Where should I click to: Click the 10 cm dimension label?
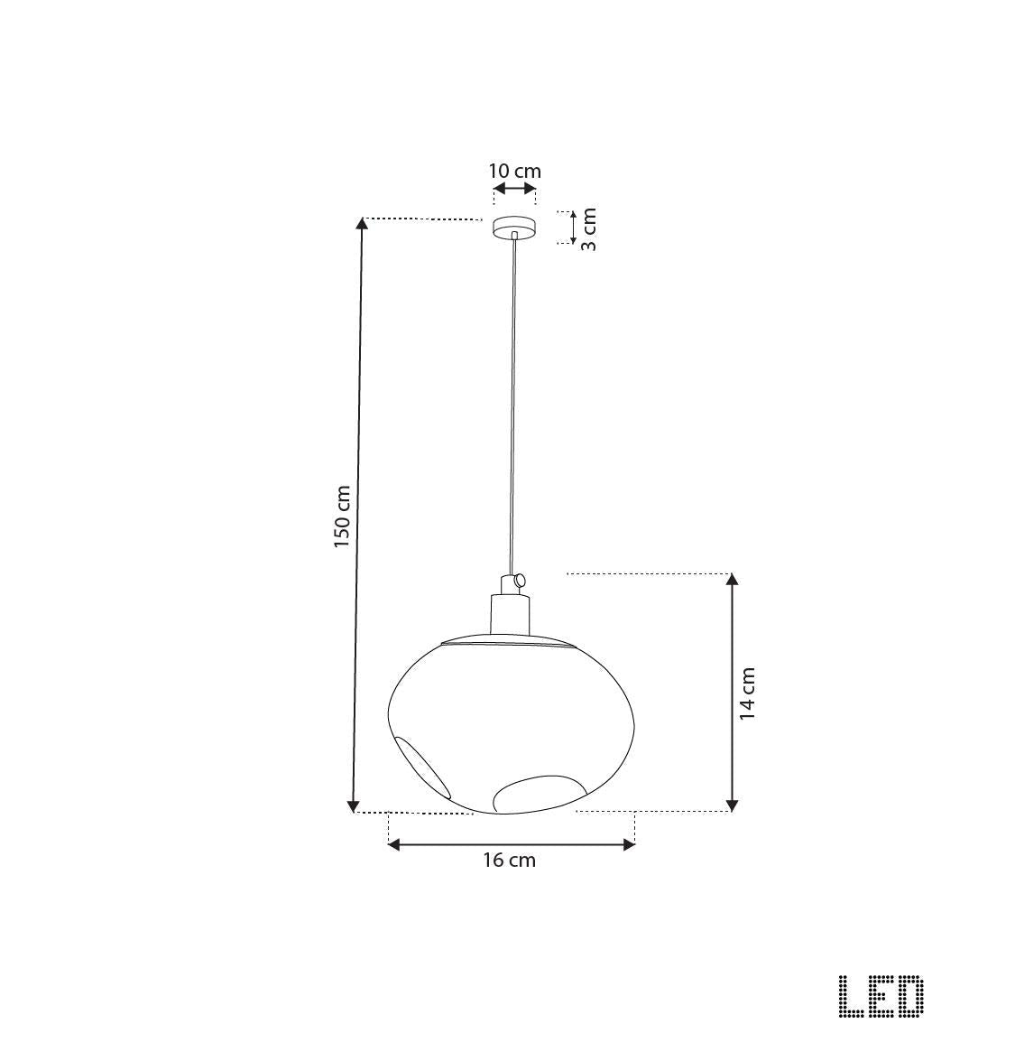pyautogui.click(x=514, y=171)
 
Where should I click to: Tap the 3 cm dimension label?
pyautogui.click(x=588, y=229)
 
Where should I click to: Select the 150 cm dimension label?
pyautogui.click(x=342, y=517)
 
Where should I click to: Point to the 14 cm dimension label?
pyautogui.click(x=747, y=693)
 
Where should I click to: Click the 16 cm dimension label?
pyautogui.click(x=509, y=861)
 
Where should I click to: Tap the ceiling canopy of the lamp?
pyautogui.click(x=513, y=227)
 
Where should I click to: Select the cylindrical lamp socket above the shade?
pyautogui.click(x=509, y=613)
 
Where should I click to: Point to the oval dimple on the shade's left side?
pyautogui.click(x=422, y=766)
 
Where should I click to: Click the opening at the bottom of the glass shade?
pyautogui.click(x=539, y=792)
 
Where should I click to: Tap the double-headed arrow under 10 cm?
pyautogui.click(x=514, y=189)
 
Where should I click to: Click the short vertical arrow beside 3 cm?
pyautogui.click(x=572, y=228)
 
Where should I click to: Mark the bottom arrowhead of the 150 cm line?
pyautogui.click(x=354, y=805)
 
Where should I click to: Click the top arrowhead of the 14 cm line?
pyautogui.click(x=733, y=580)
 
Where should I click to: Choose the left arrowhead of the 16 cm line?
pyautogui.click(x=394, y=844)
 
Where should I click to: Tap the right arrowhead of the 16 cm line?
pyautogui.click(x=629, y=844)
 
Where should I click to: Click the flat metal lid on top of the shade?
pyautogui.click(x=508, y=641)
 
